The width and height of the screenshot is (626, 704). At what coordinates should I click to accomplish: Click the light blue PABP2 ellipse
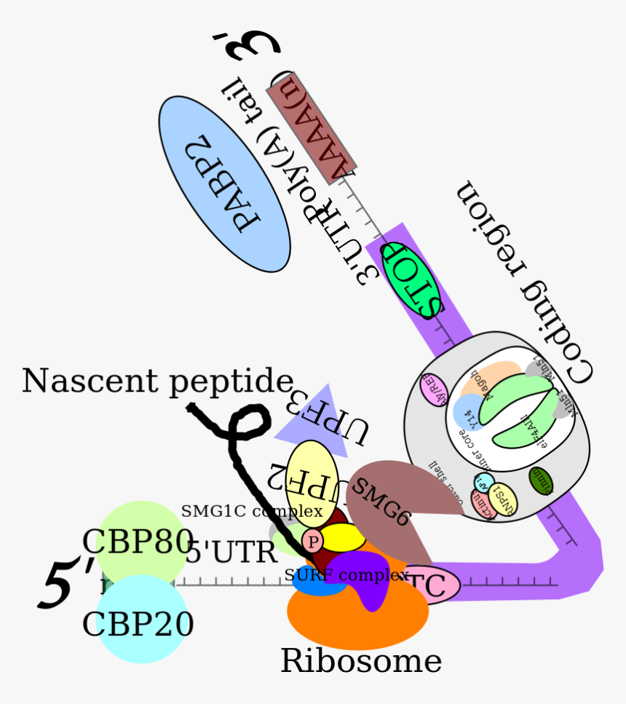pyautogui.click(x=224, y=184)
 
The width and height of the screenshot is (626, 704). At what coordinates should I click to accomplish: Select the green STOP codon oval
pyautogui.click(x=413, y=279)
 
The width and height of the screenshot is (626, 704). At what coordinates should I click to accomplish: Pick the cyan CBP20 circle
pyautogui.click(x=141, y=622)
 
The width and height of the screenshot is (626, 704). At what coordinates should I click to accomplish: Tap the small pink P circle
pyautogui.click(x=312, y=541)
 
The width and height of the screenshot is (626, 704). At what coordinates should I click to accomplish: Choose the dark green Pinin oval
pyautogui.click(x=541, y=481)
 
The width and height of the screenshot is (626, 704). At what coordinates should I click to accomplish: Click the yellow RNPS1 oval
pyautogui.click(x=504, y=501)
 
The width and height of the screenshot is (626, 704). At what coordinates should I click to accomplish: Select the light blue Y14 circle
pyautogui.click(x=468, y=411)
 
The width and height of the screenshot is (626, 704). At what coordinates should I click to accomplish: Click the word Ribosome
pyautogui.click(x=361, y=661)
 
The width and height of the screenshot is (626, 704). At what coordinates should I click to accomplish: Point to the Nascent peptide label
pyautogui.click(x=157, y=381)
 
